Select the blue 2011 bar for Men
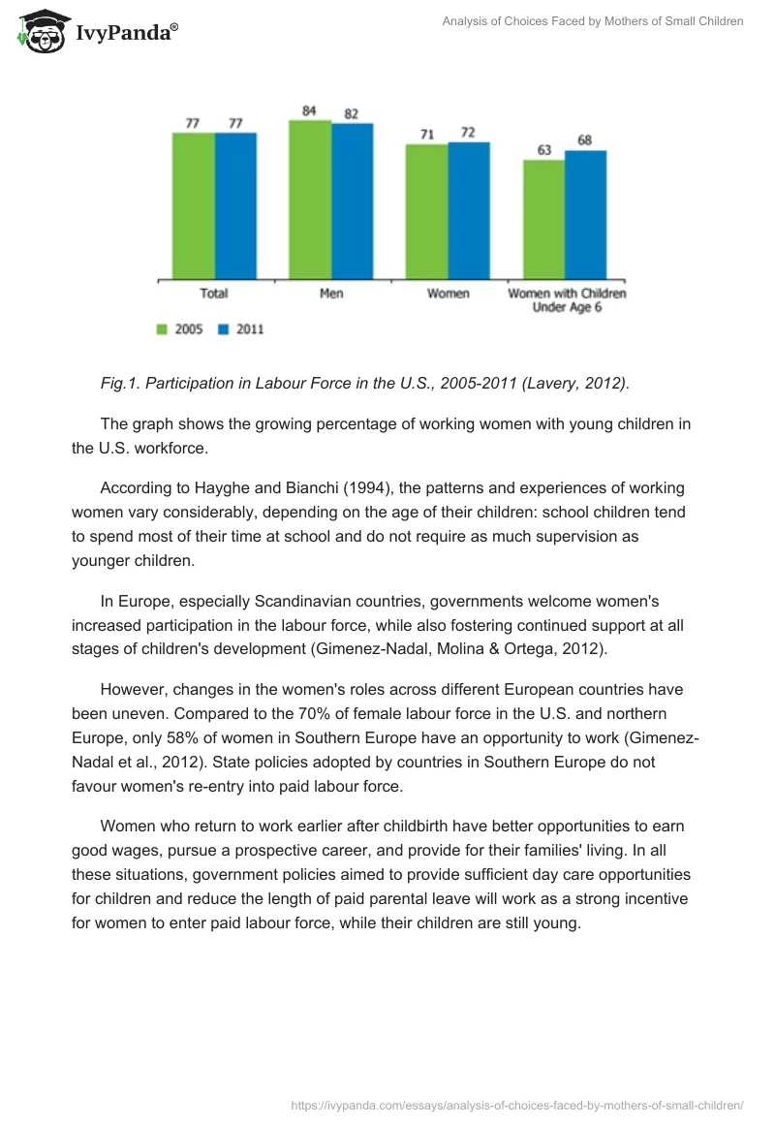pyautogui.click(x=352, y=202)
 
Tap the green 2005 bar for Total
pyautogui.click(x=194, y=206)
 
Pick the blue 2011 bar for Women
pyautogui.click(x=469, y=211)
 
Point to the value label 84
pyautogui.click(x=309, y=110)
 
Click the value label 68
pyautogui.click(x=584, y=140)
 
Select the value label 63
pyautogui.click(x=544, y=150)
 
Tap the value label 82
pyautogui.click(x=351, y=113)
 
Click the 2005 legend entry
pyautogui.click(x=180, y=329)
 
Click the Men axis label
pyautogui.click(x=331, y=294)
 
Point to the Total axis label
pyautogui.click(x=214, y=294)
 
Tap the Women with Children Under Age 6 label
pyautogui.click(x=567, y=300)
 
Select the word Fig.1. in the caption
pyautogui.click(x=122, y=383)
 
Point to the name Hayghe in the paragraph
pyautogui.click(x=222, y=489)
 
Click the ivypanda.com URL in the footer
pyautogui.click(x=517, y=1105)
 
